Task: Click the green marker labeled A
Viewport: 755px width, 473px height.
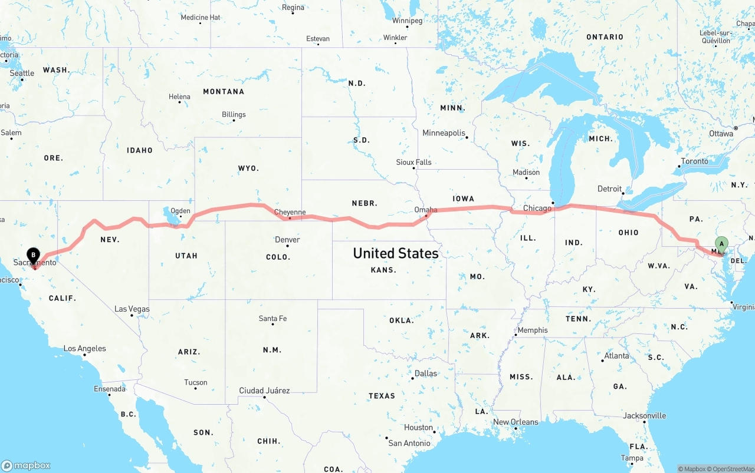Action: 721,244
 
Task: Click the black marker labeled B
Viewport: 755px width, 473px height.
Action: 34,256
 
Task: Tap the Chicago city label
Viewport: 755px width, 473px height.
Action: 537,208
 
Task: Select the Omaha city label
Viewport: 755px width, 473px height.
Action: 426,210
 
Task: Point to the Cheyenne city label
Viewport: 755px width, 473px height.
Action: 290,213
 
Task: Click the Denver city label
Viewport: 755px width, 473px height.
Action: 287,240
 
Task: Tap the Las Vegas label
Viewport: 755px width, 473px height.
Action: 132,309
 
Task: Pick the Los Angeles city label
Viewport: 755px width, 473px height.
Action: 85,349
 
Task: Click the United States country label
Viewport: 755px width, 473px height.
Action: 395,253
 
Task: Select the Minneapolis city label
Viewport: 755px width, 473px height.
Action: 444,133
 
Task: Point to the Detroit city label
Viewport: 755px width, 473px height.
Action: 610,189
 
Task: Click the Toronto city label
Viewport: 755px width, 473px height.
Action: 694,161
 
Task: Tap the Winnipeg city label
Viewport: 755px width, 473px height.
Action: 407,21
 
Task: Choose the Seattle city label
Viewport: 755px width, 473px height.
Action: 22,74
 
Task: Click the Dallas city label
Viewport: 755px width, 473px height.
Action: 426,373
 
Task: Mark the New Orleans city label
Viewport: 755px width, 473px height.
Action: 516,422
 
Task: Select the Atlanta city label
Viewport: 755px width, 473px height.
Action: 616,356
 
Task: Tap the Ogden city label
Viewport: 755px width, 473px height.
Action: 180,211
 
